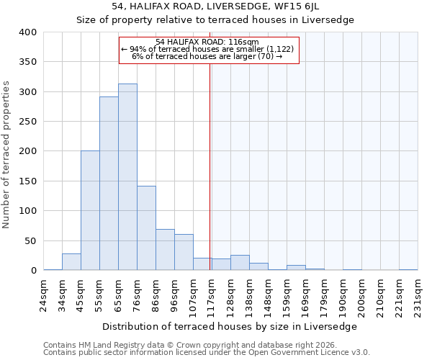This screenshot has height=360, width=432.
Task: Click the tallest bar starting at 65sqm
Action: (x=127, y=177)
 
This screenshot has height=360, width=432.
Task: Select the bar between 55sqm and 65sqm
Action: (x=109, y=184)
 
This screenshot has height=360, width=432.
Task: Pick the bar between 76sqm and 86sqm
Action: (x=146, y=228)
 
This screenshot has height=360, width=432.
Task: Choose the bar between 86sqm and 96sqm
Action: (x=165, y=250)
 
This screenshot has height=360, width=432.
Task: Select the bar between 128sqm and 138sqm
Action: (x=240, y=263)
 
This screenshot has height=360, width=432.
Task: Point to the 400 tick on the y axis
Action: (x=27, y=32)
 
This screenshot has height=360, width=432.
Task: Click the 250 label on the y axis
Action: (x=27, y=122)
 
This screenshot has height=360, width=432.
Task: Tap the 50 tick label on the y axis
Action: (x=30, y=240)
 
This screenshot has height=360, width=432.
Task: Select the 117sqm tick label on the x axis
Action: (x=211, y=293)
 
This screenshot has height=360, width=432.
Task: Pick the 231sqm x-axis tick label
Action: (x=418, y=293)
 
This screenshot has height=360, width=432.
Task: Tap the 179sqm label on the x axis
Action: (x=324, y=293)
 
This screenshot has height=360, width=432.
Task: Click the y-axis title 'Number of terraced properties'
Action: (x=6, y=155)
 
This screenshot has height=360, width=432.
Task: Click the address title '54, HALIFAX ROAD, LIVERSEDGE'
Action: (x=216, y=6)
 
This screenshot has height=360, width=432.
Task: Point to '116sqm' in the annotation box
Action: (x=246, y=42)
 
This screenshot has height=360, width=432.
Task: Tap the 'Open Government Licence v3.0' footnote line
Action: (x=207, y=353)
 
